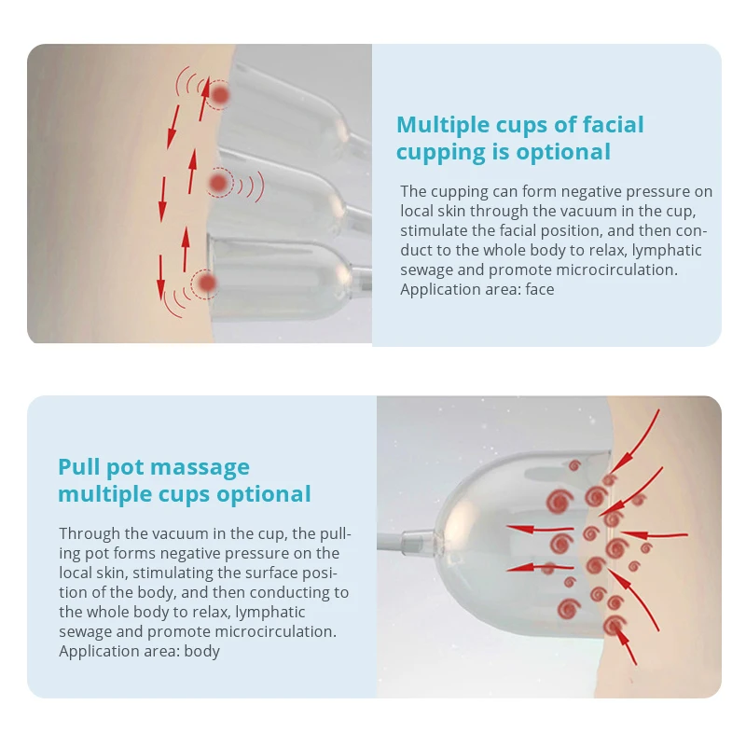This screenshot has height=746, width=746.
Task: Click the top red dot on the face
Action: coord(220,94)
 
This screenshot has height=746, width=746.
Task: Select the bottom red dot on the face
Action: coord(206,283)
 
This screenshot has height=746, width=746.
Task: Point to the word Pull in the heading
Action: coord(79,467)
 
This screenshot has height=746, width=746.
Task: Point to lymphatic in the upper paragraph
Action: coord(658,250)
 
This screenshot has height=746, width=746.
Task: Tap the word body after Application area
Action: coord(201,651)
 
